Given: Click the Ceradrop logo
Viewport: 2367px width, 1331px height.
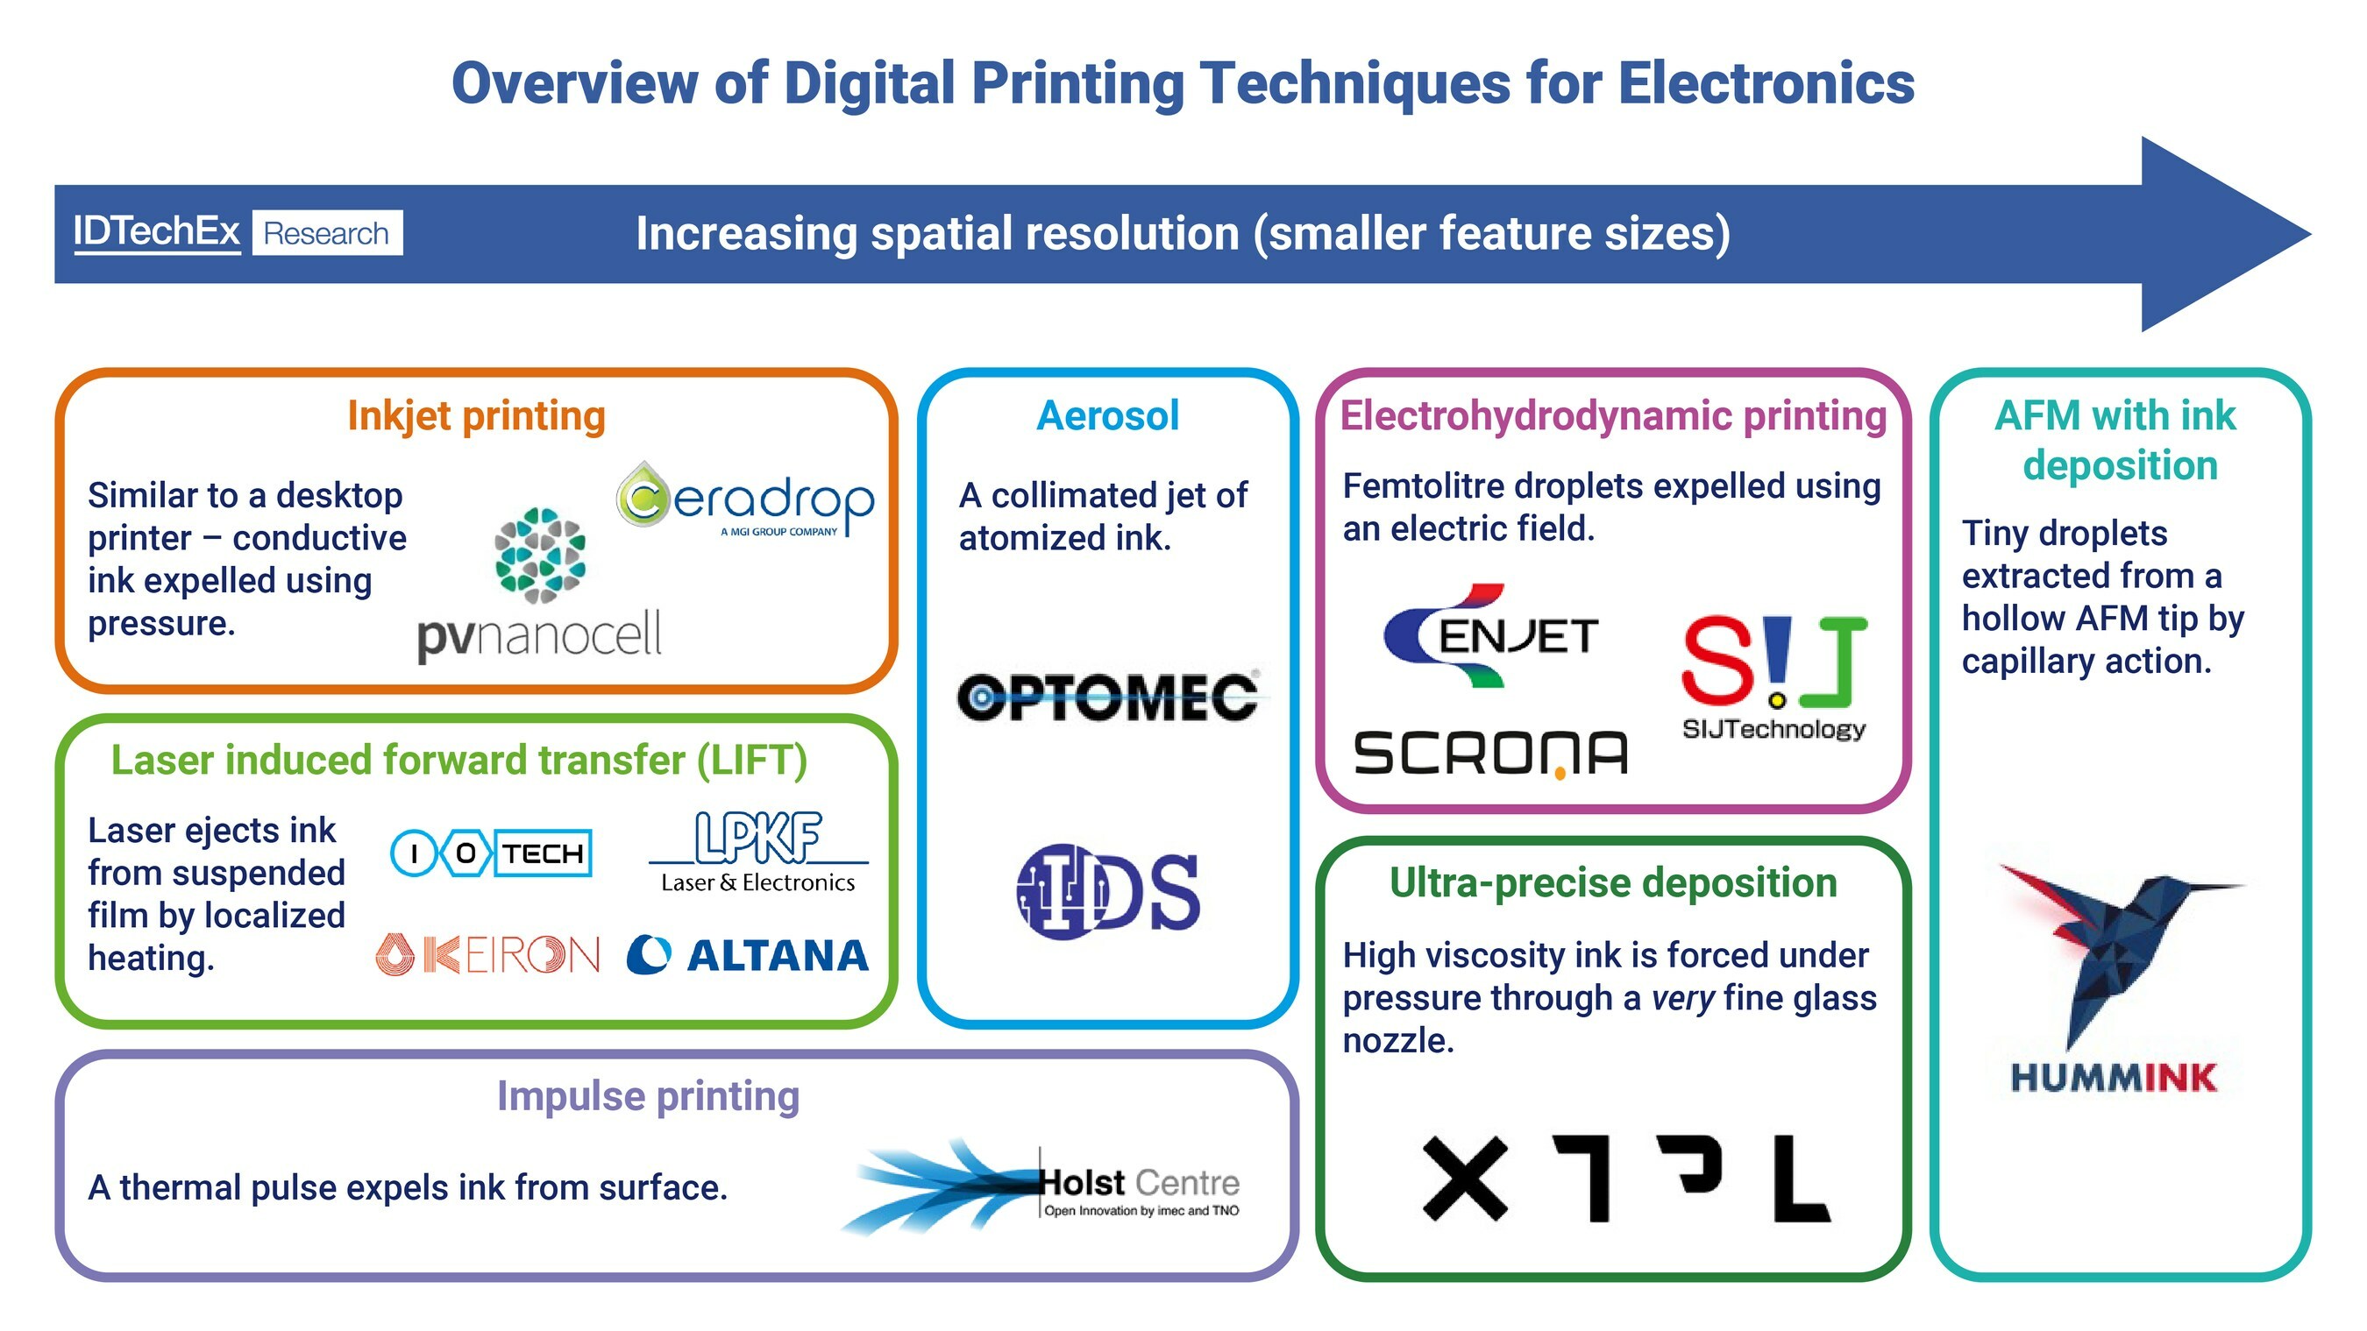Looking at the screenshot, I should [x=744, y=500].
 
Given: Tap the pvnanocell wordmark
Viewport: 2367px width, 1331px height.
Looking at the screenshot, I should [x=539, y=634].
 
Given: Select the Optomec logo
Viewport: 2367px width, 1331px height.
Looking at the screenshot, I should [x=1107, y=697].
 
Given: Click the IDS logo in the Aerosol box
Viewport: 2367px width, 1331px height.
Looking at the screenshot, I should [x=1108, y=891].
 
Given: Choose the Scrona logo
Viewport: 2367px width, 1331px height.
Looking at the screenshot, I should [x=1490, y=754].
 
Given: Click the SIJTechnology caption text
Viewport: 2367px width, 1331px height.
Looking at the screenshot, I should [x=1773, y=729].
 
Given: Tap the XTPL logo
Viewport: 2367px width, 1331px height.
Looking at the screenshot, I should [x=1626, y=1179].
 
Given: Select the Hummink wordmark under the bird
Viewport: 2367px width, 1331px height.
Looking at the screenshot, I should [x=2114, y=1078].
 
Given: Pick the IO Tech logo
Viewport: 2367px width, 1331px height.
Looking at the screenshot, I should [x=492, y=853].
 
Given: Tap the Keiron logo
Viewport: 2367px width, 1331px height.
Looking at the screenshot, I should [x=488, y=954].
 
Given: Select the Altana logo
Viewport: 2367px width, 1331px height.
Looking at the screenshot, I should [x=748, y=955].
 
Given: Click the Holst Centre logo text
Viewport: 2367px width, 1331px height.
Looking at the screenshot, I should [x=1140, y=1183].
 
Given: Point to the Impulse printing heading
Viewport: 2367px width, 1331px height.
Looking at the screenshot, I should [x=648, y=1096].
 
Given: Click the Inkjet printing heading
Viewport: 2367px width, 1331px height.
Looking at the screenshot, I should [x=476, y=416].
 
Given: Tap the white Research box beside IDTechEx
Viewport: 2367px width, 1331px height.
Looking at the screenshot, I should [x=327, y=233].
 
